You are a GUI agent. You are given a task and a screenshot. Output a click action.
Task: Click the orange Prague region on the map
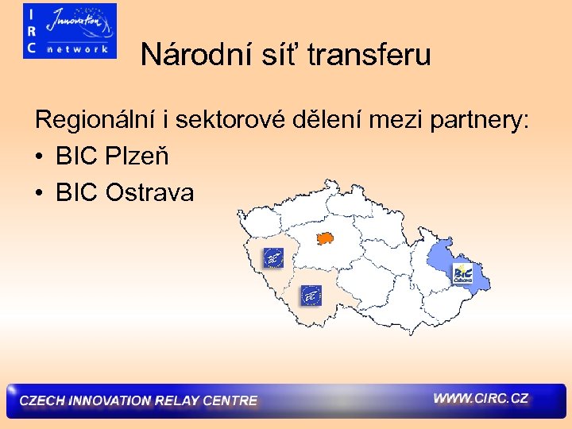click(323, 237)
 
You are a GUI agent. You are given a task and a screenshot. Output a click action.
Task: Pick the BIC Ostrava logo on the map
click(462, 275)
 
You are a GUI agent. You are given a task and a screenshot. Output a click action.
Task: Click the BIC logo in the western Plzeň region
click(272, 258)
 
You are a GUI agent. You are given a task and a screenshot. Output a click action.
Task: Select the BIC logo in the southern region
click(311, 296)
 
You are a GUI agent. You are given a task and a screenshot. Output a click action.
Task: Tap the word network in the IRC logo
click(78, 48)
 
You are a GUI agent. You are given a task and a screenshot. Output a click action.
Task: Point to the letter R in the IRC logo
click(31, 30)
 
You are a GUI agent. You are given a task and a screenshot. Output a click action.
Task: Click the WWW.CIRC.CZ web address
click(481, 398)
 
